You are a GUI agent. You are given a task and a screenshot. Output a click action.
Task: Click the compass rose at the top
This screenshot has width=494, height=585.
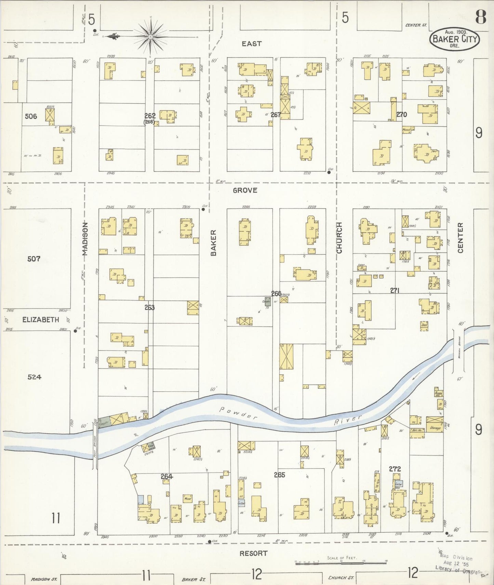pyautogui.click(x=150, y=36)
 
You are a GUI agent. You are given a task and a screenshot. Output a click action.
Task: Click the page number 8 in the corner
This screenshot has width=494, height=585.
pyautogui.click(x=480, y=17)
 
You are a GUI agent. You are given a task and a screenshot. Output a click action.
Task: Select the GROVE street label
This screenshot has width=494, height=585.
pyautogui.click(x=245, y=190)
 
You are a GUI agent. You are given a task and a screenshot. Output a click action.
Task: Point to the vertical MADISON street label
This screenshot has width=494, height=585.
pyautogui.click(x=85, y=239)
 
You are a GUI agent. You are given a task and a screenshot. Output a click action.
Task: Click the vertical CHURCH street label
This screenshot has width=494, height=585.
pyautogui.click(x=339, y=238)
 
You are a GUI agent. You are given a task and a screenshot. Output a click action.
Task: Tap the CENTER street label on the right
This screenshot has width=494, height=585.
pyautogui.click(x=460, y=238)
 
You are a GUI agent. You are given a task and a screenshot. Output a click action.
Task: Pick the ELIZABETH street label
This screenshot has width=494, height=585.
pyautogui.click(x=41, y=320)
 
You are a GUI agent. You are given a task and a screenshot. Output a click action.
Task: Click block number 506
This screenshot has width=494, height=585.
pyautogui.click(x=31, y=116)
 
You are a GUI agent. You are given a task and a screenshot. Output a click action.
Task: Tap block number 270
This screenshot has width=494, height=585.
pyautogui.click(x=402, y=115)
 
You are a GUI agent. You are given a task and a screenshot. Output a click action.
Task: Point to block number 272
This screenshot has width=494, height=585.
pyautogui.click(x=395, y=469)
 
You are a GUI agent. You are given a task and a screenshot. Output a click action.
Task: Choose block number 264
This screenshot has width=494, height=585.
pyautogui.click(x=167, y=476)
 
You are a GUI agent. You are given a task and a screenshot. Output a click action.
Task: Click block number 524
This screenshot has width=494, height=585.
pyautogui.click(x=34, y=377)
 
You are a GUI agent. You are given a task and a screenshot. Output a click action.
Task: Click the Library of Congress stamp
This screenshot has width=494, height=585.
pyautogui.click(x=456, y=564)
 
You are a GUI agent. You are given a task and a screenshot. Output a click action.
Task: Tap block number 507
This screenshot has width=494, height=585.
pyautogui.click(x=34, y=259)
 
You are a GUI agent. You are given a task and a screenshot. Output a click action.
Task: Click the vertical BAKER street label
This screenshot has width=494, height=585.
pyautogui.click(x=213, y=243)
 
